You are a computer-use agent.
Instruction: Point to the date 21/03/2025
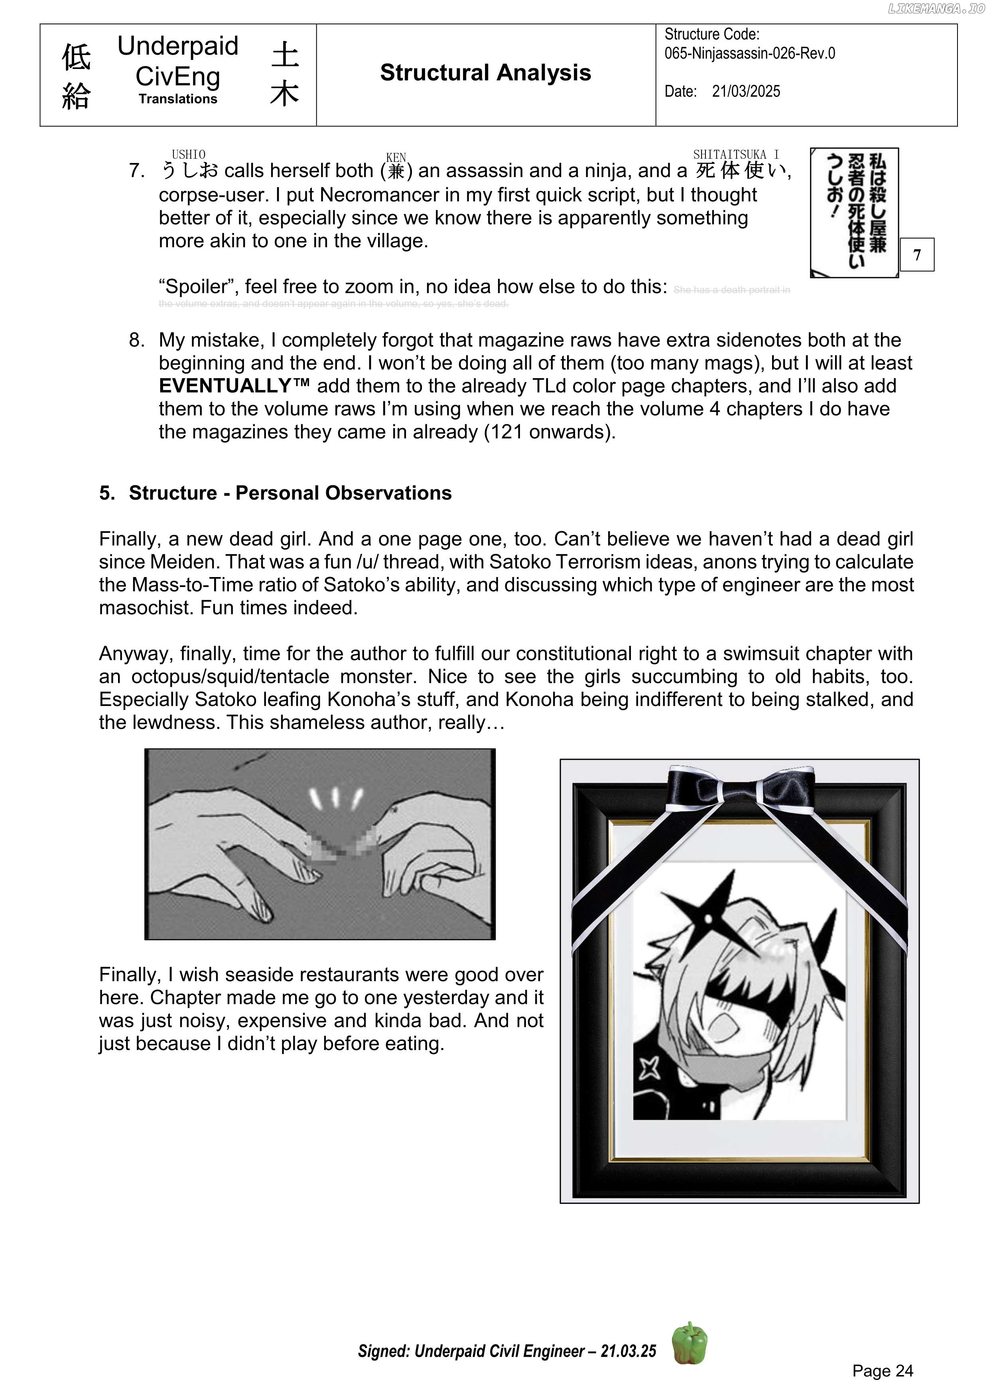click(746, 91)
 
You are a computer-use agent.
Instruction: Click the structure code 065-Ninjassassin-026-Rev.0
click(749, 53)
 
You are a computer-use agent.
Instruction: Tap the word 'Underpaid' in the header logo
click(177, 46)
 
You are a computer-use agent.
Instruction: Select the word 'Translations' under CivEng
click(177, 99)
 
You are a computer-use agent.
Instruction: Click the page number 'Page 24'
click(883, 1370)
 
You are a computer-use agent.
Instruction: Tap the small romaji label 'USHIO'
click(188, 155)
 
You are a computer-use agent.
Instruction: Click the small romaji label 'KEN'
click(396, 157)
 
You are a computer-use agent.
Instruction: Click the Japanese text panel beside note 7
click(854, 212)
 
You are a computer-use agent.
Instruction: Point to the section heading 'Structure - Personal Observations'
click(290, 493)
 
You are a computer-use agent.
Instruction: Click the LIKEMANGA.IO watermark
click(936, 8)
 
